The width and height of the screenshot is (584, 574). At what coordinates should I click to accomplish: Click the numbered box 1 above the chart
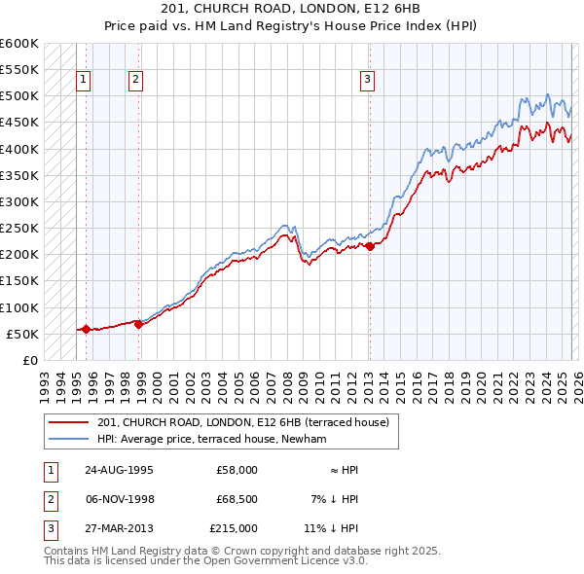pyautogui.click(x=85, y=80)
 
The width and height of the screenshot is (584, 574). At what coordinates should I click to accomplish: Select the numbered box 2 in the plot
pyautogui.click(x=136, y=80)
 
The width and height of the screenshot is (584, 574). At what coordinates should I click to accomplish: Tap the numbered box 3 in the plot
pyautogui.click(x=368, y=80)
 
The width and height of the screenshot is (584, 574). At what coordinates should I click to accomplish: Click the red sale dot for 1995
pyautogui.click(x=86, y=329)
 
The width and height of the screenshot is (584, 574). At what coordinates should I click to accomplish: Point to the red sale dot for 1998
pyautogui.click(x=137, y=324)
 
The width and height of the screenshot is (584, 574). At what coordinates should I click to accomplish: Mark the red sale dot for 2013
pyautogui.click(x=370, y=246)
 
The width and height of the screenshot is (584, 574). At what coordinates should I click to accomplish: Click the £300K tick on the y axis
pyautogui.click(x=19, y=201)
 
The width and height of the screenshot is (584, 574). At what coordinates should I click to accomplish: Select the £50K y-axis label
pyautogui.click(x=22, y=334)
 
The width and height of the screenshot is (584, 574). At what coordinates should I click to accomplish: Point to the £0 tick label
pyautogui.click(x=29, y=360)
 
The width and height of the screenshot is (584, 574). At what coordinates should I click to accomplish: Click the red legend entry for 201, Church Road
pyautogui.click(x=242, y=422)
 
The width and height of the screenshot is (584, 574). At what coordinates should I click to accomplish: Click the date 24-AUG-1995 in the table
pyautogui.click(x=118, y=470)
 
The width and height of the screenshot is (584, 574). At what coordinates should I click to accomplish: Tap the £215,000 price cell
pyautogui.click(x=234, y=528)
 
